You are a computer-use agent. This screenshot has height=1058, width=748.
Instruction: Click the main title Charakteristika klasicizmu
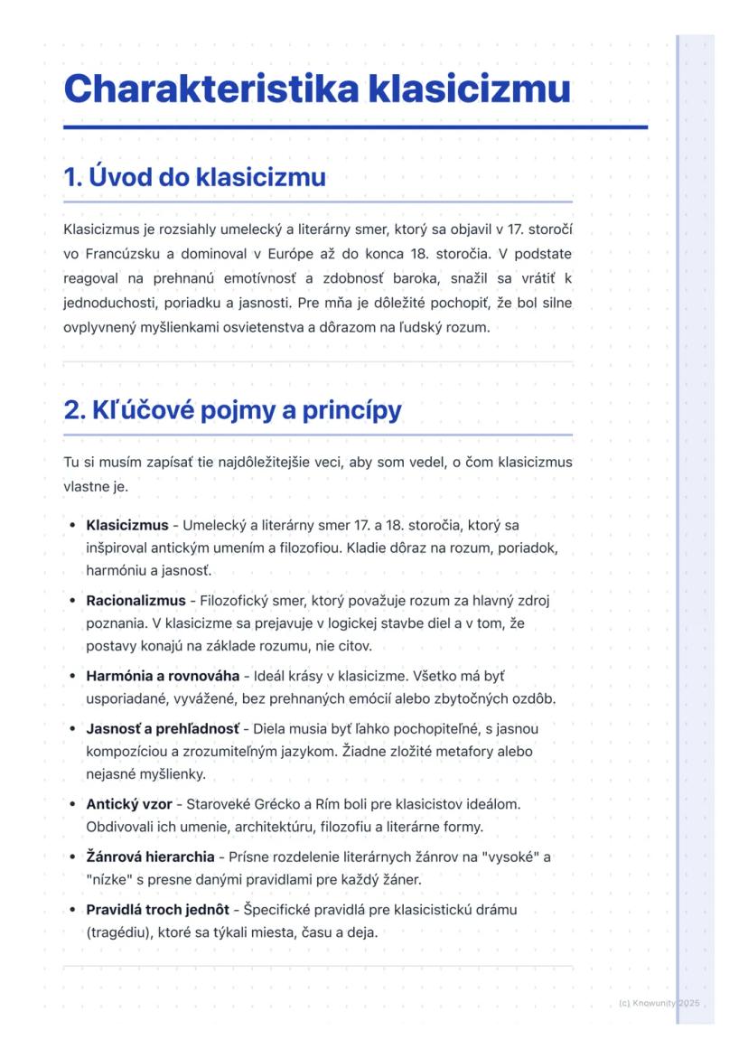[x=317, y=89]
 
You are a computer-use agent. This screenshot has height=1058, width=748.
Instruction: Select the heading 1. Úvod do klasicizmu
[x=194, y=177]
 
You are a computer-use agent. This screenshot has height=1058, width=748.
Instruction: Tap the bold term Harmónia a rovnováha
[x=163, y=676]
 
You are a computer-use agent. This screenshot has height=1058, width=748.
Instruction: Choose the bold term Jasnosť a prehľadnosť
[x=163, y=728]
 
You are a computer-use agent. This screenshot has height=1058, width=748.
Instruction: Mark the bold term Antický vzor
[x=129, y=803]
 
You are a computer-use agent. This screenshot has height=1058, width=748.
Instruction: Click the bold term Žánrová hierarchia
[x=150, y=856]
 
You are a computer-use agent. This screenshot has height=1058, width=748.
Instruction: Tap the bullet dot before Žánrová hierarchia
[x=71, y=857]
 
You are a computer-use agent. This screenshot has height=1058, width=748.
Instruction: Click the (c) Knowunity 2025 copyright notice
[x=659, y=1004]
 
